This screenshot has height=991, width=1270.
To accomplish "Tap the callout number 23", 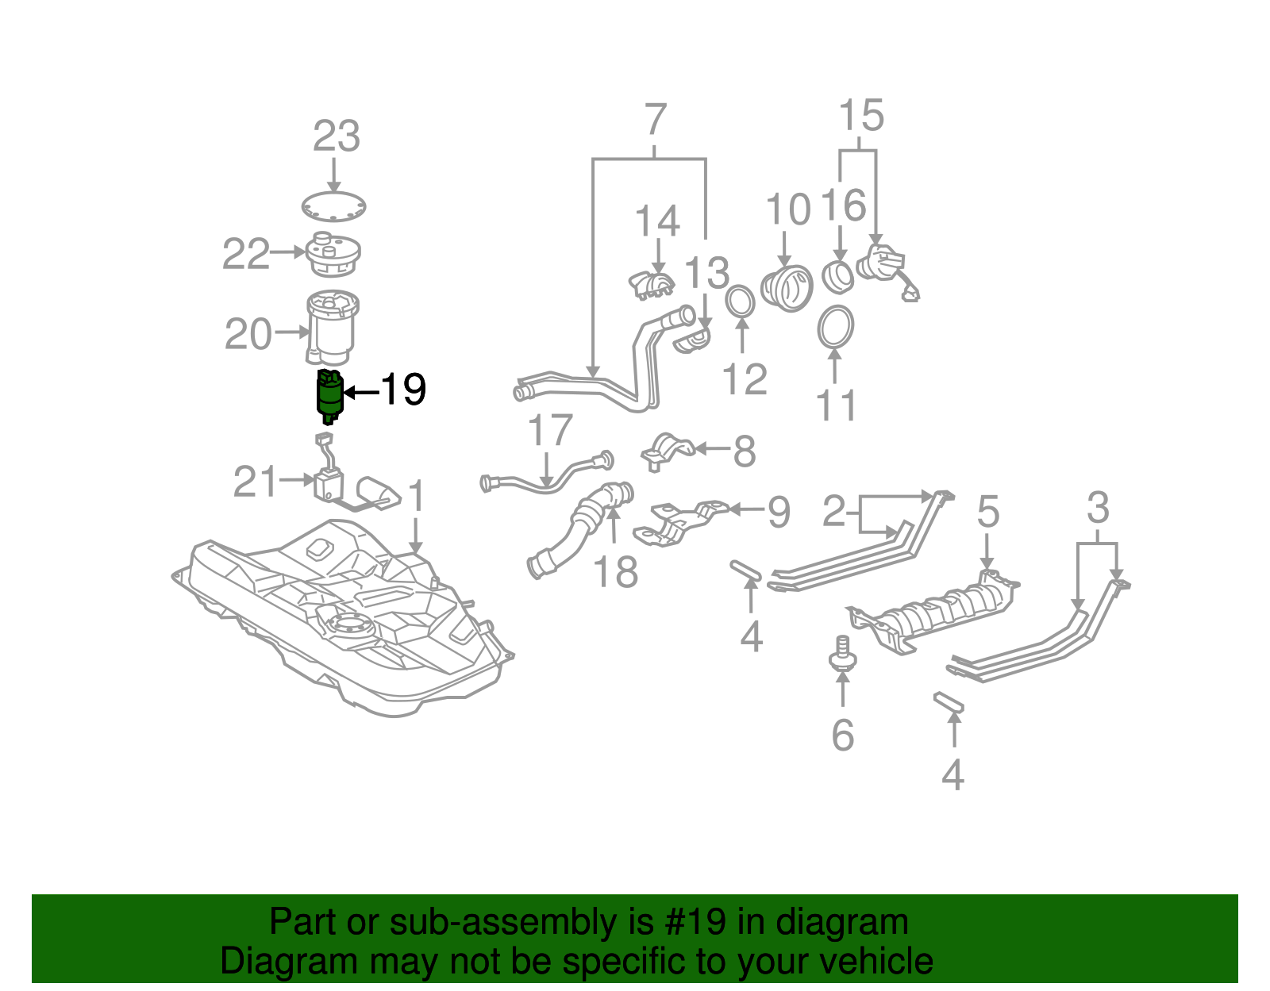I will [x=337, y=136].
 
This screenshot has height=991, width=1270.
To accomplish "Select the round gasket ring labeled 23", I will [x=334, y=207].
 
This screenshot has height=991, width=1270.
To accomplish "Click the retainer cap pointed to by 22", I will [x=333, y=254].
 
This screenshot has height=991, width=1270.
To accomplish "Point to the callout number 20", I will [x=248, y=334].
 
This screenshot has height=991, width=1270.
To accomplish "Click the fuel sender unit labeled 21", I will [x=329, y=484].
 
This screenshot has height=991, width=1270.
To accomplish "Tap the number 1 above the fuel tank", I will [x=416, y=497].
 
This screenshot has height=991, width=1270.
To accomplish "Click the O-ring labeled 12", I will [x=740, y=302].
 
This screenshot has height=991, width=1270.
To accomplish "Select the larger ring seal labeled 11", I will [x=836, y=327].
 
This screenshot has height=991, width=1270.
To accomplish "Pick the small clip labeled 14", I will [x=652, y=284].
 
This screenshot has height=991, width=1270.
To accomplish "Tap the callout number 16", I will [x=842, y=205].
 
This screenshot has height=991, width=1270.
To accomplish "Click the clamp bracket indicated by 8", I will [x=667, y=451].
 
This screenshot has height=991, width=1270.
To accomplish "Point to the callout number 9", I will [x=779, y=512].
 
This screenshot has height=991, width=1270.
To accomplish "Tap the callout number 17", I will [x=550, y=431].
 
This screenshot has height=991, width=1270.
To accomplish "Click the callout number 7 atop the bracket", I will [x=655, y=121].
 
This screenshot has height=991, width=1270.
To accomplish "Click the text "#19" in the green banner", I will [x=691, y=923].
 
